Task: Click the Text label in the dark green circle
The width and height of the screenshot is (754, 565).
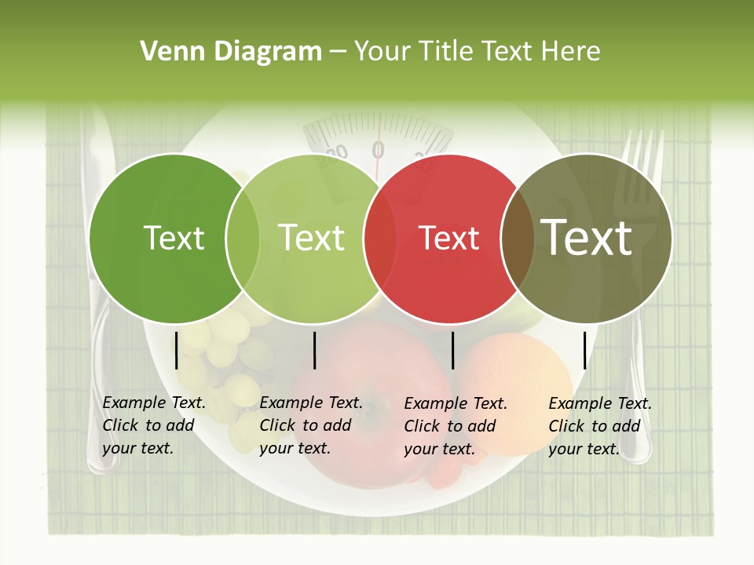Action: [x=174, y=239]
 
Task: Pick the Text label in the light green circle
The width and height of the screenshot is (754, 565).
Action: [x=311, y=239]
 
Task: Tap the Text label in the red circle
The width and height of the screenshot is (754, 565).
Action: [x=449, y=239]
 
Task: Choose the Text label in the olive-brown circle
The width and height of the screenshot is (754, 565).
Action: [x=587, y=239]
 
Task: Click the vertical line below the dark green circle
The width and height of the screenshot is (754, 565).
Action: [x=177, y=350]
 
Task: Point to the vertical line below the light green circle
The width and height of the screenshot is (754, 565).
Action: [x=314, y=350]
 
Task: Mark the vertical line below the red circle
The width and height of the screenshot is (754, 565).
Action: [x=452, y=350]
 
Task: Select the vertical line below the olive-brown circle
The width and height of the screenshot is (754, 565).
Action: [x=584, y=350]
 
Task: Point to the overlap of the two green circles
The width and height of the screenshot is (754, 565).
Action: [x=243, y=239]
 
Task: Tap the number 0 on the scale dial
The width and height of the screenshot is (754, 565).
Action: [x=379, y=149]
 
